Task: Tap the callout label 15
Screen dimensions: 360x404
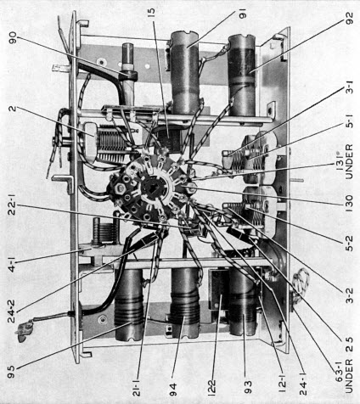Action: pos(151,14)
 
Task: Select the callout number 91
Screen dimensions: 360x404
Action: pos(243,14)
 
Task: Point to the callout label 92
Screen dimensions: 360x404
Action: pos(350,19)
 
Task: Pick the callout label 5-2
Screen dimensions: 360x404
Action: pos(350,244)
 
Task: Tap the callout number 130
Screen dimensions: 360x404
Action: pos(350,204)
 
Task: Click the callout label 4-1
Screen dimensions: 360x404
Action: pos(12,262)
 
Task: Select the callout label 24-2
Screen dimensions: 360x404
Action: pos(12,311)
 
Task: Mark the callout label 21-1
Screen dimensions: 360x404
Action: pos(137,388)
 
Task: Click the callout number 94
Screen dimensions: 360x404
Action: pos(173,390)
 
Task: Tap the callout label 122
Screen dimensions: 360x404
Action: pos(211,388)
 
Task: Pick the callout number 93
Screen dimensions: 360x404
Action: pos(248,389)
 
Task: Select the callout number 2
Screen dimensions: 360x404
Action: pos(14,109)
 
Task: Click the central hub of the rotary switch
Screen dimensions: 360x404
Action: pos(150,189)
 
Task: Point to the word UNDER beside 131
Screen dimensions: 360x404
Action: pos(349,161)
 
